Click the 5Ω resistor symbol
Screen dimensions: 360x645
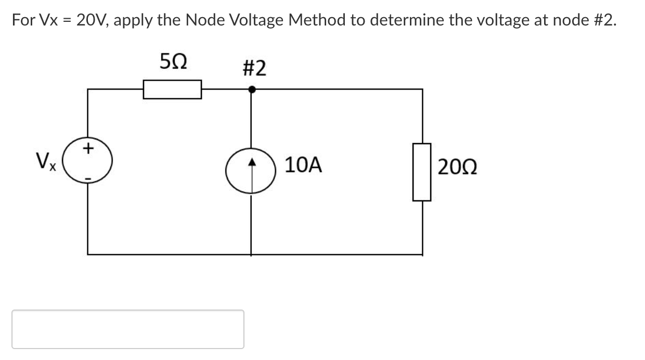pyautogui.click(x=173, y=89)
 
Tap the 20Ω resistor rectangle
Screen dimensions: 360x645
pyautogui.click(x=422, y=172)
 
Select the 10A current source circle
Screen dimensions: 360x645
pyautogui.click(x=252, y=172)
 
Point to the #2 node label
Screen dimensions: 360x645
pyautogui.click(x=254, y=68)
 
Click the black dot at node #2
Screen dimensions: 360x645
pyautogui.click(x=252, y=89)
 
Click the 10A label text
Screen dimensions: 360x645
pyautogui.click(x=304, y=165)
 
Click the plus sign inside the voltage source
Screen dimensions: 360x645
pyautogui.click(x=88, y=150)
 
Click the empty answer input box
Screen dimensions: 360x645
pyautogui.click(x=128, y=329)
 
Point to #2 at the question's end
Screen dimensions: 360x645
pyautogui.click(x=604, y=20)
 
